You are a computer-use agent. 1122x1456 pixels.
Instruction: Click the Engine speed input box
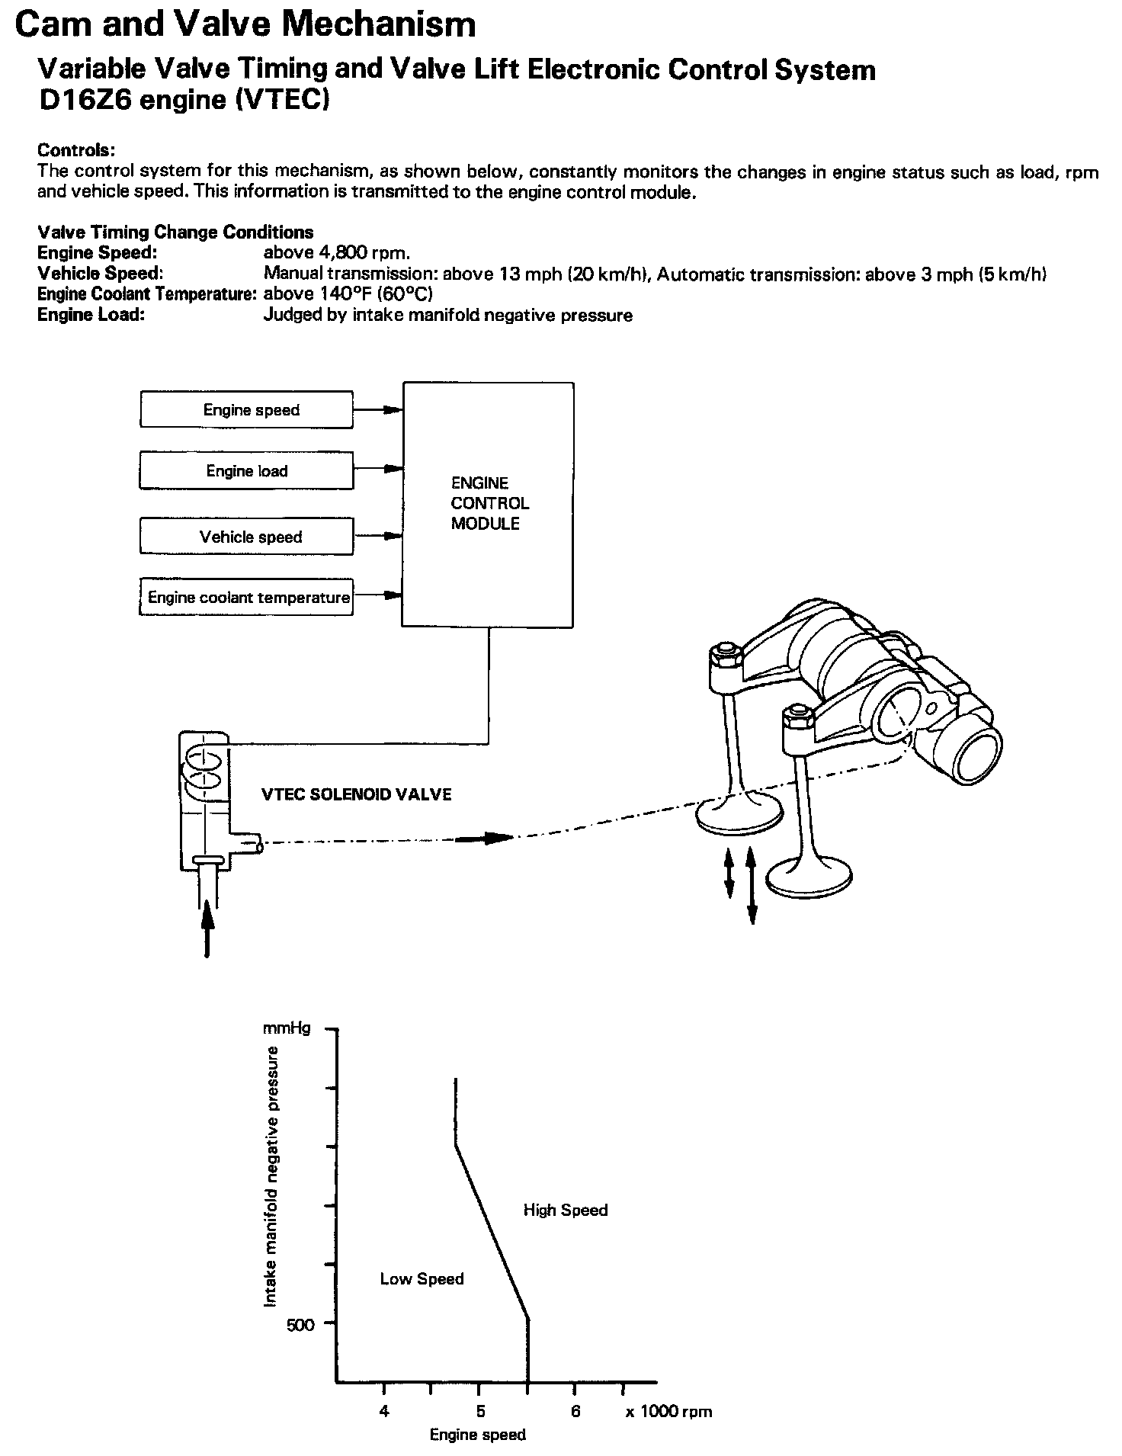coord(246,410)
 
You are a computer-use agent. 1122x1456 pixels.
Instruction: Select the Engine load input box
coord(246,471)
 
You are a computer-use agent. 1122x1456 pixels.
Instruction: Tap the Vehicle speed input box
coord(246,537)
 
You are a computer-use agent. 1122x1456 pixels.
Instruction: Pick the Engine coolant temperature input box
coord(246,598)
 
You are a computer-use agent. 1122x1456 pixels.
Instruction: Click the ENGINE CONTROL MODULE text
coord(489,503)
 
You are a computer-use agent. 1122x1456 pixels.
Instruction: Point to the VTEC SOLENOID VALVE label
coord(356,794)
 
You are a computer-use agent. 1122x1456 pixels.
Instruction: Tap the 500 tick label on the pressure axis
coord(300,1324)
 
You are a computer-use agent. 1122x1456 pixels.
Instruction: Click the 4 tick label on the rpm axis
coord(384,1411)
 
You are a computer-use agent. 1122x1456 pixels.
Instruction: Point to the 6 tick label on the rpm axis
coord(575,1411)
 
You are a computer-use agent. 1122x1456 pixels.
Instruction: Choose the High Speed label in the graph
coord(566,1210)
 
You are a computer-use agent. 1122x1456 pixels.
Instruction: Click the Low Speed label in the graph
coord(422,1278)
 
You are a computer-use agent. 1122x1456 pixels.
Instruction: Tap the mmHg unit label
coord(287,1028)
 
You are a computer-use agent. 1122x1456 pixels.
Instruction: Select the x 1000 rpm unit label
coord(668,1411)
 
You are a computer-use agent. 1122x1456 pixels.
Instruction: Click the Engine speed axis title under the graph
coord(478,1435)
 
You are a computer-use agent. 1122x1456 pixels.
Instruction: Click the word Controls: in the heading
coord(75,150)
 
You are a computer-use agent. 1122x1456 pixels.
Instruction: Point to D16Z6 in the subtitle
coord(84,101)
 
